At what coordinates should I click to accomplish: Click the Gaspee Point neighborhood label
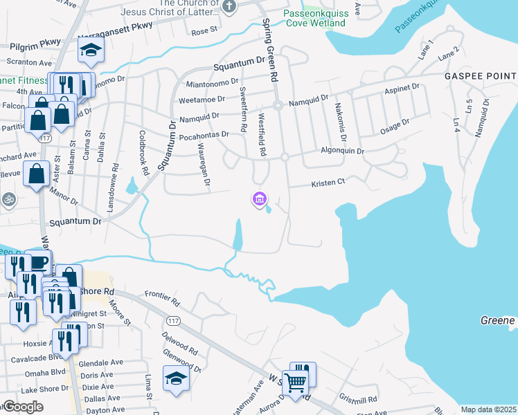coord(481,75)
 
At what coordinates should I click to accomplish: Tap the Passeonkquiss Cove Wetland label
coord(314,18)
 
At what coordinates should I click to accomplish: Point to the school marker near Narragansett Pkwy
coord(91,50)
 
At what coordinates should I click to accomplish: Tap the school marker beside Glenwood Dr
coord(176,378)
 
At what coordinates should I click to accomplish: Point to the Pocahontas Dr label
coord(204,136)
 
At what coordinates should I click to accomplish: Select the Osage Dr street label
coord(394,127)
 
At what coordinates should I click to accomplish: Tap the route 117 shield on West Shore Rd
coord(172,320)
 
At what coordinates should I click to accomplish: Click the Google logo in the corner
coord(23,407)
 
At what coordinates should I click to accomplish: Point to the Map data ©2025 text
coord(488,409)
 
